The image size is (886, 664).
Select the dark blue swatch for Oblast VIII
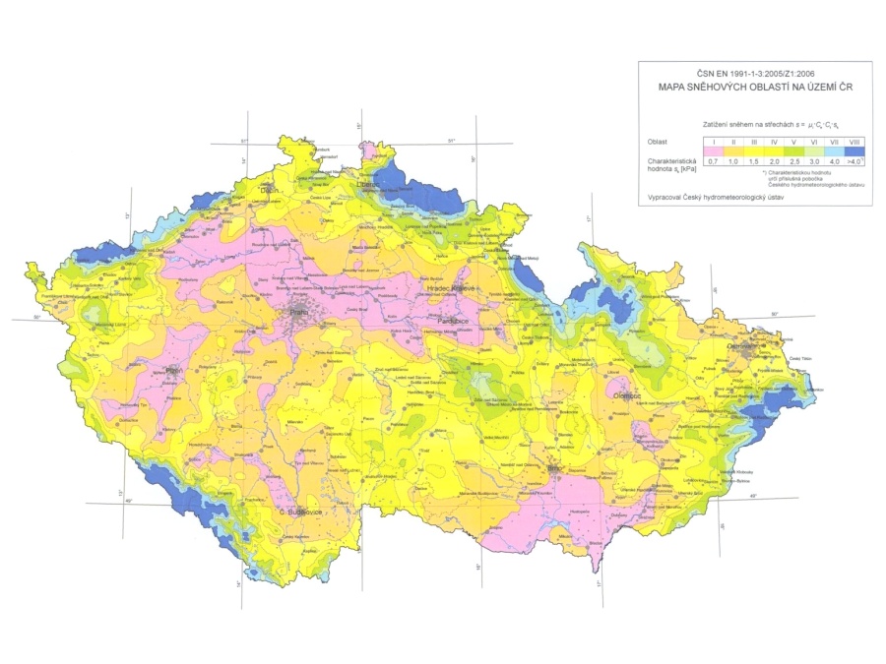click(x=856, y=151)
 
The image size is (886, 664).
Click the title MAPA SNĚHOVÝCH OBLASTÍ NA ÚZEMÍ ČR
click(x=754, y=87)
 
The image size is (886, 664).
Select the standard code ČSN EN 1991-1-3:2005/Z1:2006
click(x=754, y=73)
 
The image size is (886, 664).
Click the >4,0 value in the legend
click(x=856, y=160)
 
